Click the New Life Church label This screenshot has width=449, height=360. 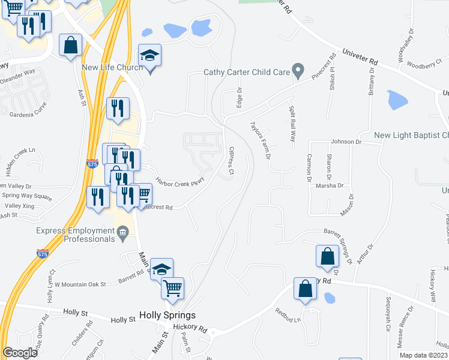(x=112, y=67)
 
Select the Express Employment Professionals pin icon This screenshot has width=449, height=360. (x=122, y=232)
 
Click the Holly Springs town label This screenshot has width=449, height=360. (x=167, y=314)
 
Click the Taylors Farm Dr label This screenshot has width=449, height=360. (x=261, y=140)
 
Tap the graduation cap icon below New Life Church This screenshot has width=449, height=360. (x=149, y=57)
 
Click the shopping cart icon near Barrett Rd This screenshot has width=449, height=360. (x=173, y=288)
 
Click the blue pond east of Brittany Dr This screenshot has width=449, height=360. (x=397, y=100)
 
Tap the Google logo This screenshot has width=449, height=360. (x=20, y=353)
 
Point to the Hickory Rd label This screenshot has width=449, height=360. (x=190, y=328)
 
